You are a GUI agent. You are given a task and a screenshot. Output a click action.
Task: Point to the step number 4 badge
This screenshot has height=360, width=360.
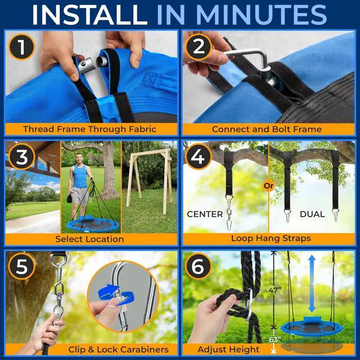pos(198,157)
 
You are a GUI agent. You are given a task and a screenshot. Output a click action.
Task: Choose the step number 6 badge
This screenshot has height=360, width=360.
pos(198,266)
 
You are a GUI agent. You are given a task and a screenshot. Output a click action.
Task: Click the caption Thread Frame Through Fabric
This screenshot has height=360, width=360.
pos(90,129)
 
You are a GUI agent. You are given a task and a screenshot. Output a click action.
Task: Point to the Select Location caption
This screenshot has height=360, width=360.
pos(89,239)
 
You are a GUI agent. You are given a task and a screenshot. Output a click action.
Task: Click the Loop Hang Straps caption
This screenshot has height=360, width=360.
pos(271,238)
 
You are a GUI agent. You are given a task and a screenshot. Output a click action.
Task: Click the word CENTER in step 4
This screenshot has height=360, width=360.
pos(205,214)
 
